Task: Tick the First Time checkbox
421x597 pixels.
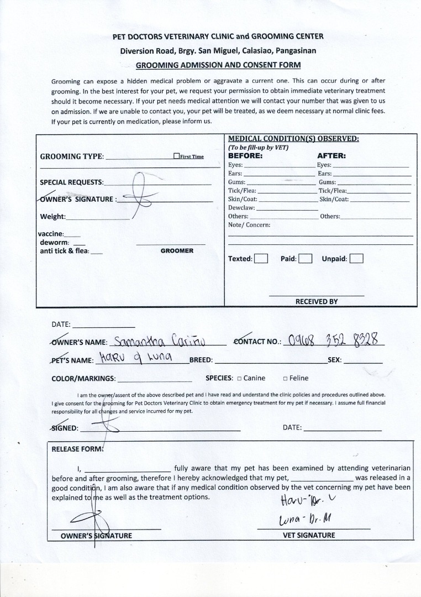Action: point(176,156)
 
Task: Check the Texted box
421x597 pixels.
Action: point(261,259)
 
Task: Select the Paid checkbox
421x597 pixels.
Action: point(306,259)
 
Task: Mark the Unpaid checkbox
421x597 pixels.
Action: point(356,259)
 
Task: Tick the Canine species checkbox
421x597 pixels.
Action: point(239,379)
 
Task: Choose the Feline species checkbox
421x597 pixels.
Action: point(285,379)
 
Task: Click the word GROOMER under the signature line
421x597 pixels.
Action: point(177,251)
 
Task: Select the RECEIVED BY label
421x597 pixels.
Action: point(316,302)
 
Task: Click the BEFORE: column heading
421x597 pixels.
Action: point(245,156)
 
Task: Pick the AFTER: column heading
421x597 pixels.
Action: point(331,156)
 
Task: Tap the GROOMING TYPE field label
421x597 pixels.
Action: point(72,156)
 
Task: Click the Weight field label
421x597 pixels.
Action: point(52,217)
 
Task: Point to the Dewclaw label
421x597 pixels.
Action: point(241,207)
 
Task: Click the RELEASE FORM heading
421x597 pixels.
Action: point(77,449)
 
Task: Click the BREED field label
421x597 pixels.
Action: point(201,360)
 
